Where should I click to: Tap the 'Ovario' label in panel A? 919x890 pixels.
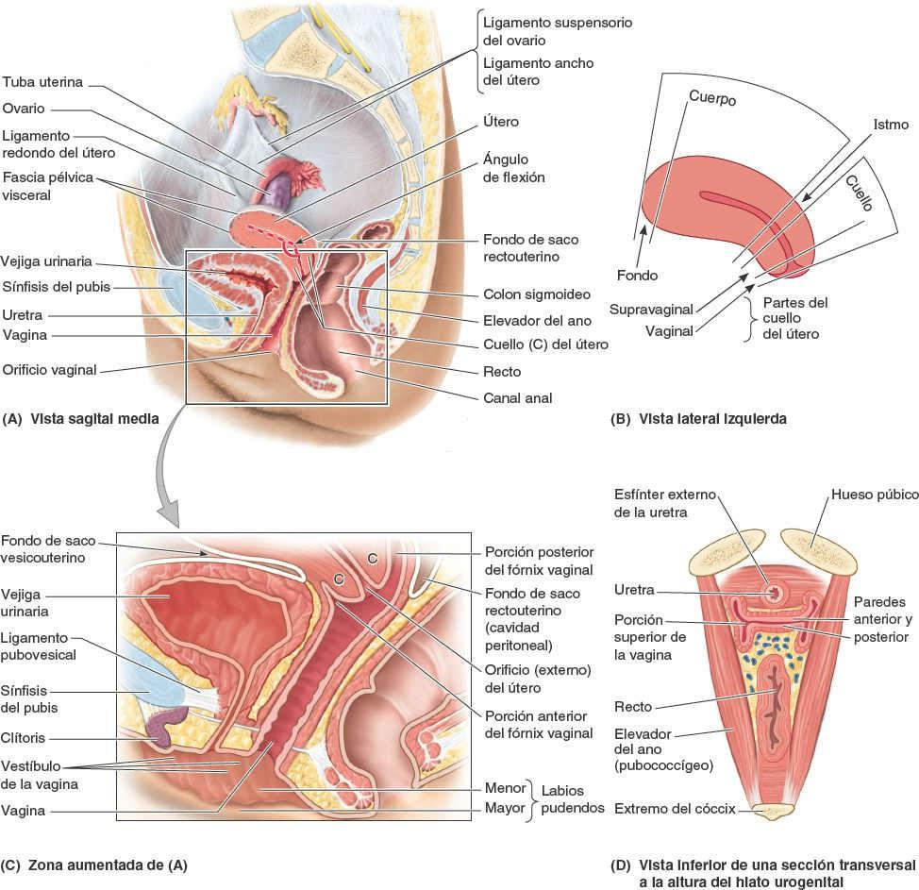24,109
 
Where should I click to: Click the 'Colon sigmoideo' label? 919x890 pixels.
529,294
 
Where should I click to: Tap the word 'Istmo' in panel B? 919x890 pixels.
891,124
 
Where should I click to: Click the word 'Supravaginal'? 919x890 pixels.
651,309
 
